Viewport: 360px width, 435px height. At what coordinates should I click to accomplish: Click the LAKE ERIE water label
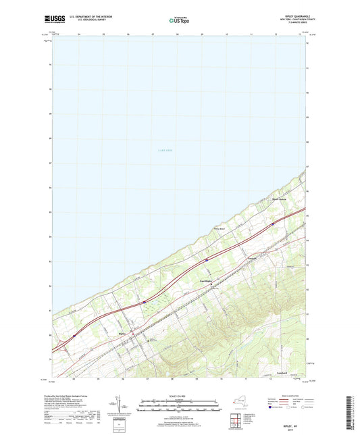(x=165, y=151)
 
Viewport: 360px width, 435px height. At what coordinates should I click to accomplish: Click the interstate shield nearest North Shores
(x=273, y=224)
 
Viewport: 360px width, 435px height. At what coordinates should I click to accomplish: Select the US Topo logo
(x=179, y=20)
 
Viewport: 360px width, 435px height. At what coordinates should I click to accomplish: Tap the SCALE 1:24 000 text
(x=179, y=396)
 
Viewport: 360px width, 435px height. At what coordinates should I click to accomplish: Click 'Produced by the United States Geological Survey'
(x=74, y=396)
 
